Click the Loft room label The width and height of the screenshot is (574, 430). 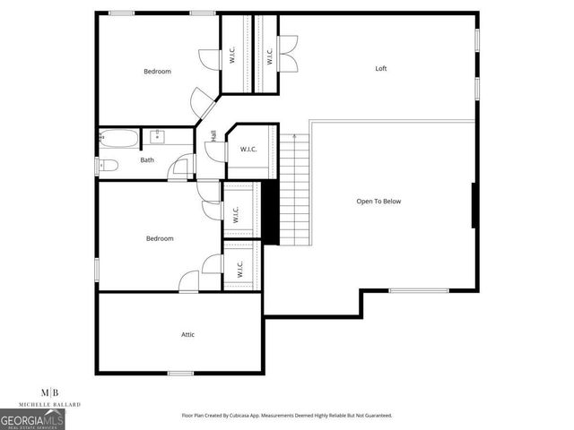380,69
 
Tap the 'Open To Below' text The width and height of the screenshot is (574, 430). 378,202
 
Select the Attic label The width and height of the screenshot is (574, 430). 188,334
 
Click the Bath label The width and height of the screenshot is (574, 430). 147,160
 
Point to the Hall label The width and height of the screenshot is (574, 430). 213,135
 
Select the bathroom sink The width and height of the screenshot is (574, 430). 158,137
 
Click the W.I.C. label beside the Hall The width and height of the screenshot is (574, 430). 248,149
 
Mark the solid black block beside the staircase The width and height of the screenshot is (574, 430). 266,211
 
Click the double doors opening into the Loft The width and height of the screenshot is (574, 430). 288,52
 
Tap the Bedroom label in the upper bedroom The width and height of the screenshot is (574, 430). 157,71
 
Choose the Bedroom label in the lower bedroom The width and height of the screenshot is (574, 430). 160,238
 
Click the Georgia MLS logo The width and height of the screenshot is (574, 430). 32,419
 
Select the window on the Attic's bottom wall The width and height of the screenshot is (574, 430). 181,373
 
